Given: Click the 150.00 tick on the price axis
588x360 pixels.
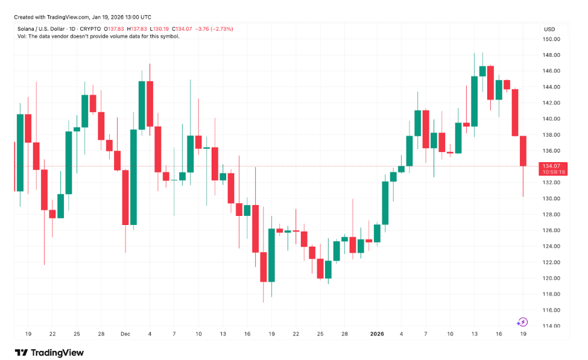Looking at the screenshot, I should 552,39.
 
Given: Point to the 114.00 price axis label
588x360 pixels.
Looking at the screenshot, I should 552,326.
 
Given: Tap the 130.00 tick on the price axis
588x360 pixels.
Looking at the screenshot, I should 552,198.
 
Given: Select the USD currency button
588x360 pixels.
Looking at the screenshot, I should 549,29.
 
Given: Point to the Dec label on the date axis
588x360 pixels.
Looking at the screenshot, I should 125,333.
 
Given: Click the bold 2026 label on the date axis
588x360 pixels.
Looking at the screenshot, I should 376,333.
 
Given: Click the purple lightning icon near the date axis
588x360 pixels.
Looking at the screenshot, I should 523,322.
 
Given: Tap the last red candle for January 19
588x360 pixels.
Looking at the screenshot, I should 523,151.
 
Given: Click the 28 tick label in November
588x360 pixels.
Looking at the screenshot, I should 101,333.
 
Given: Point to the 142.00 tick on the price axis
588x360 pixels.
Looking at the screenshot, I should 552,103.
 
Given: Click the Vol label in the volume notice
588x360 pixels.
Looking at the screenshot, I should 22,36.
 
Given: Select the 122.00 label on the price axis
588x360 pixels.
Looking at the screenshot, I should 552,262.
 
